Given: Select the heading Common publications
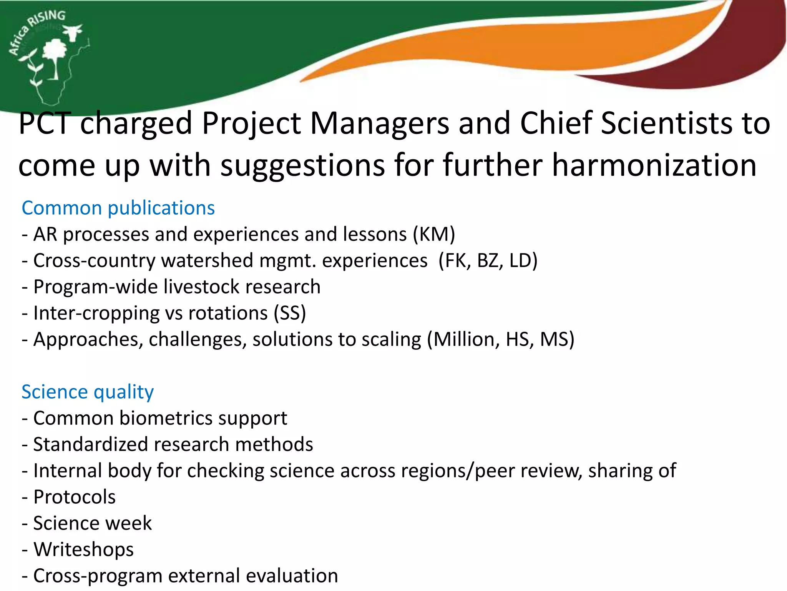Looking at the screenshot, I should [118, 208].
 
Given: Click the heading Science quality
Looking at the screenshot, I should [88, 392].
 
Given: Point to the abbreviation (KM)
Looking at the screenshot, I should [434, 234].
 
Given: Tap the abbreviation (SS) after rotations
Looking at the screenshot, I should [290, 313].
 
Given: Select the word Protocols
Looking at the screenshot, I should [74, 497].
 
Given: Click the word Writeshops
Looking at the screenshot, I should [83, 549].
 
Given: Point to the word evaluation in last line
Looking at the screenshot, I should [292, 576].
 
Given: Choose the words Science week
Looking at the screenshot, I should [92, 523].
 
